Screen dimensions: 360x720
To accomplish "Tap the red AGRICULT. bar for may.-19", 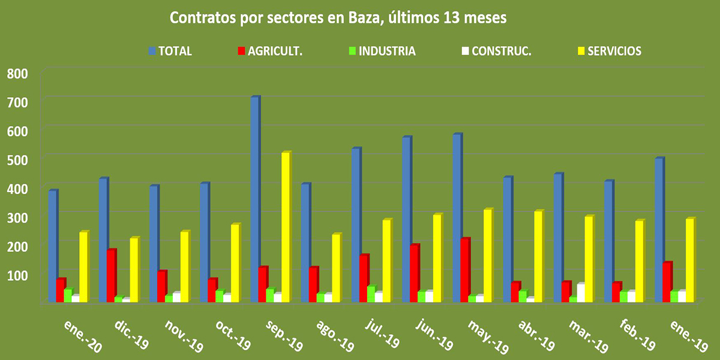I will coord(466,269).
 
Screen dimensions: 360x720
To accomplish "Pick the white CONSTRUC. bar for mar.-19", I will coord(581,292).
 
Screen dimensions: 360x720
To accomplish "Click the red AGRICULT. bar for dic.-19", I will coord(111,275).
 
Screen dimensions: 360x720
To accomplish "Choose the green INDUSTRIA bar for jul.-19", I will coord(371,293).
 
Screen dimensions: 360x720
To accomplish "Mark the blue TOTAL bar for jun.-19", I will coord(407,219).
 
